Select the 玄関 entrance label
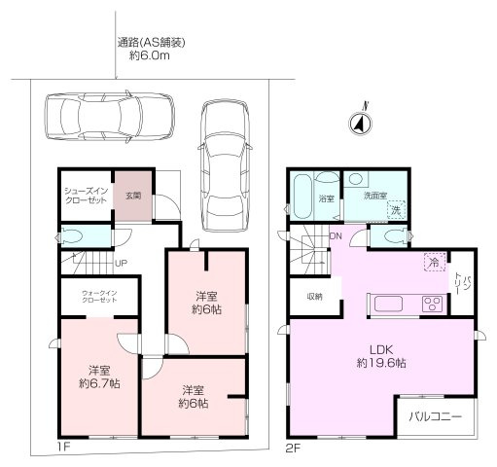(x=132, y=195)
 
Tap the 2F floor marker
(x=293, y=449)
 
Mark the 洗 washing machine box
(x=395, y=210)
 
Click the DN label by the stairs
(x=336, y=236)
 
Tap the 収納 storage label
(x=314, y=296)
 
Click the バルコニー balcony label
(x=435, y=418)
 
